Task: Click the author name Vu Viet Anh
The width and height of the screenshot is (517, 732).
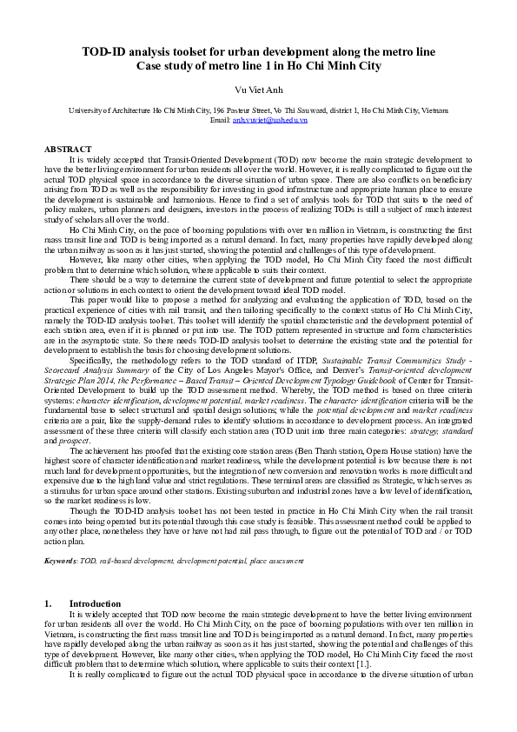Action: [259, 90]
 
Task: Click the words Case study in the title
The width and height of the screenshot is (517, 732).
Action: [166, 66]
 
